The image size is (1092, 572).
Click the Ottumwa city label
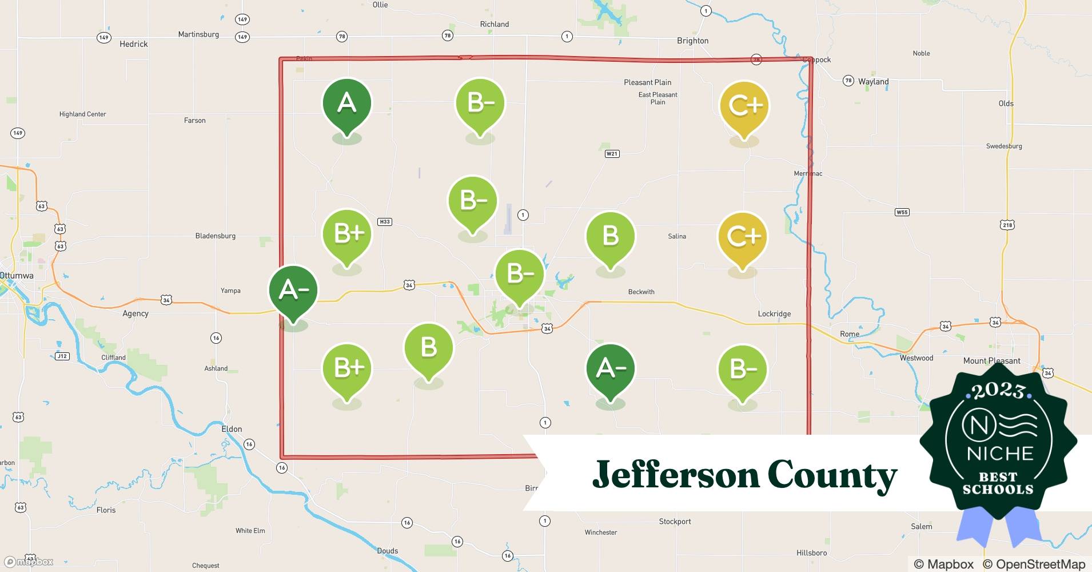point(17,276)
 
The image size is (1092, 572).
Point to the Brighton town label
point(692,41)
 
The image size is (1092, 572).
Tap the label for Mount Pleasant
point(991,361)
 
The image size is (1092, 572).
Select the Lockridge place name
point(774,314)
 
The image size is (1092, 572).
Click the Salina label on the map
point(677,236)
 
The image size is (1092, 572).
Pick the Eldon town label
point(232,429)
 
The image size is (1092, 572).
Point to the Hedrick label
point(133,44)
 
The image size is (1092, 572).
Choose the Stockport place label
point(675,522)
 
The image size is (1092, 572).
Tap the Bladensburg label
point(215,236)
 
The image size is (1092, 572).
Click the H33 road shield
point(385,222)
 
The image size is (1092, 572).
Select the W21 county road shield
point(612,154)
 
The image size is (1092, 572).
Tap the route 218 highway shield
point(1007,225)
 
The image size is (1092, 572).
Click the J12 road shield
point(62,356)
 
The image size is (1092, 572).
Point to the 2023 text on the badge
point(999,391)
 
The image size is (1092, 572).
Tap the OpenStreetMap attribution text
point(1034,564)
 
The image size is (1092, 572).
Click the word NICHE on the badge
point(1000,454)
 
